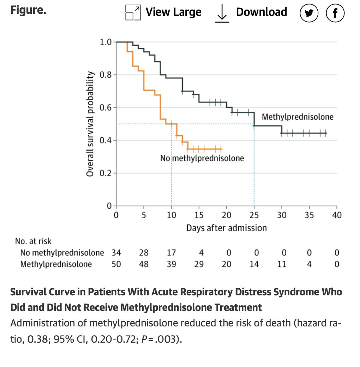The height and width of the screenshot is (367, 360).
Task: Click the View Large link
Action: tap(163, 12)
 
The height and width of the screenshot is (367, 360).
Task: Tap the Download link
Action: tap(251, 12)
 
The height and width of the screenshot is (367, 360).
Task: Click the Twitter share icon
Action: tap(309, 13)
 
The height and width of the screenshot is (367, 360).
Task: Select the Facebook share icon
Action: tap(335, 13)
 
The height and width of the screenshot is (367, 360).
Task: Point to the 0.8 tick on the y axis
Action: tap(106, 75)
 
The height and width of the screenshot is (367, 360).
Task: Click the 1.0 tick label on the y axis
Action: tap(106, 42)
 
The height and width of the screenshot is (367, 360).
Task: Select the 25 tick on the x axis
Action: tap(254, 215)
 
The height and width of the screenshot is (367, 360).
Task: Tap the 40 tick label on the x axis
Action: tap(337, 215)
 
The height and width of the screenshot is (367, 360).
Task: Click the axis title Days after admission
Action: tap(226, 228)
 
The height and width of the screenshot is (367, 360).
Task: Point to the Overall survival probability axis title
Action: tap(90, 124)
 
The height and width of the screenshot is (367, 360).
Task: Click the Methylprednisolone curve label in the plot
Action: tap(297, 117)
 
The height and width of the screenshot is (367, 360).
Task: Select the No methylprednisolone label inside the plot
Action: tap(202, 158)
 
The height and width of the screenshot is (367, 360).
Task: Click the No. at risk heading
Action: tap(33, 241)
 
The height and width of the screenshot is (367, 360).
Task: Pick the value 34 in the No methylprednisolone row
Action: tap(116, 253)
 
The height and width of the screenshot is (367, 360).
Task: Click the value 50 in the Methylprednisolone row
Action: tap(116, 264)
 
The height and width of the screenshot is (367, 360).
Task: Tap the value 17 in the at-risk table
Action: tap(171, 253)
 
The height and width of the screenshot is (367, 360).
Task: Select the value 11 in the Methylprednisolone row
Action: tap(282, 264)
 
